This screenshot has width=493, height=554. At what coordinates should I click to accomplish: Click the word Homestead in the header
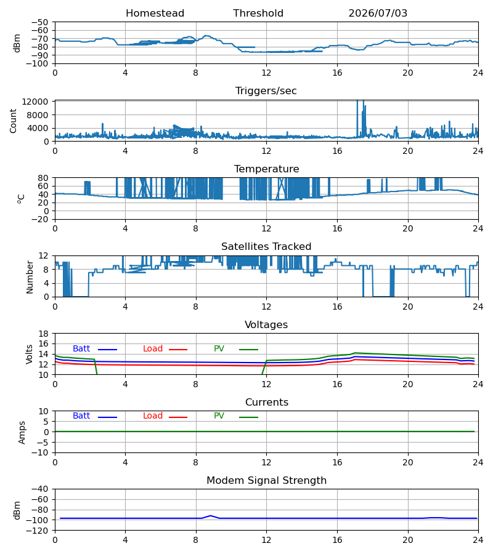[x=155, y=14]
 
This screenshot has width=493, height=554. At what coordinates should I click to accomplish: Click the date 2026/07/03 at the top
[x=378, y=14]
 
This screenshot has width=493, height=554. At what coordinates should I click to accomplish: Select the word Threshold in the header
[x=258, y=14]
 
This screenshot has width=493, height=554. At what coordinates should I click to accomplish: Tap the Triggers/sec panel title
[x=266, y=91]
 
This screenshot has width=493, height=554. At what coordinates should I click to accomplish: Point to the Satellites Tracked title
[x=266, y=247]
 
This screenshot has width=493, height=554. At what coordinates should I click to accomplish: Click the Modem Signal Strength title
[x=266, y=481]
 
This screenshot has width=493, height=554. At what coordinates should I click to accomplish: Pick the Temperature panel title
[x=266, y=169]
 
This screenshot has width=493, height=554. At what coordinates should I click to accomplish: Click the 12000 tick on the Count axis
[x=35, y=102]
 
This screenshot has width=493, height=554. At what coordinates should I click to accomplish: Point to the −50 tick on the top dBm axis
[x=39, y=22]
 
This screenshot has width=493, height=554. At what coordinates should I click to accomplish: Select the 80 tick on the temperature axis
[x=43, y=178]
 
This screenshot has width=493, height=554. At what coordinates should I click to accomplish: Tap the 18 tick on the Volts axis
[x=43, y=334]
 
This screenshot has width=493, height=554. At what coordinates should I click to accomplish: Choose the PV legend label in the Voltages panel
[x=219, y=349]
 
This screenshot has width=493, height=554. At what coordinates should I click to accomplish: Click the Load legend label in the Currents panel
[x=153, y=416]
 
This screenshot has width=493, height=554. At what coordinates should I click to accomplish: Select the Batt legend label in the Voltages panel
[x=81, y=349]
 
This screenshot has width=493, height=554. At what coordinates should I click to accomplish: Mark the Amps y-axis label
[x=22, y=433]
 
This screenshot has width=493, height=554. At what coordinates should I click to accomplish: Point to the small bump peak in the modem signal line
[x=211, y=516]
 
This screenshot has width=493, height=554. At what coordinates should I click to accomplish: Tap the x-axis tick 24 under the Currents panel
[x=478, y=462]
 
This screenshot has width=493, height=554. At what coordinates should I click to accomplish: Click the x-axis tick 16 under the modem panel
[x=337, y=540]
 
